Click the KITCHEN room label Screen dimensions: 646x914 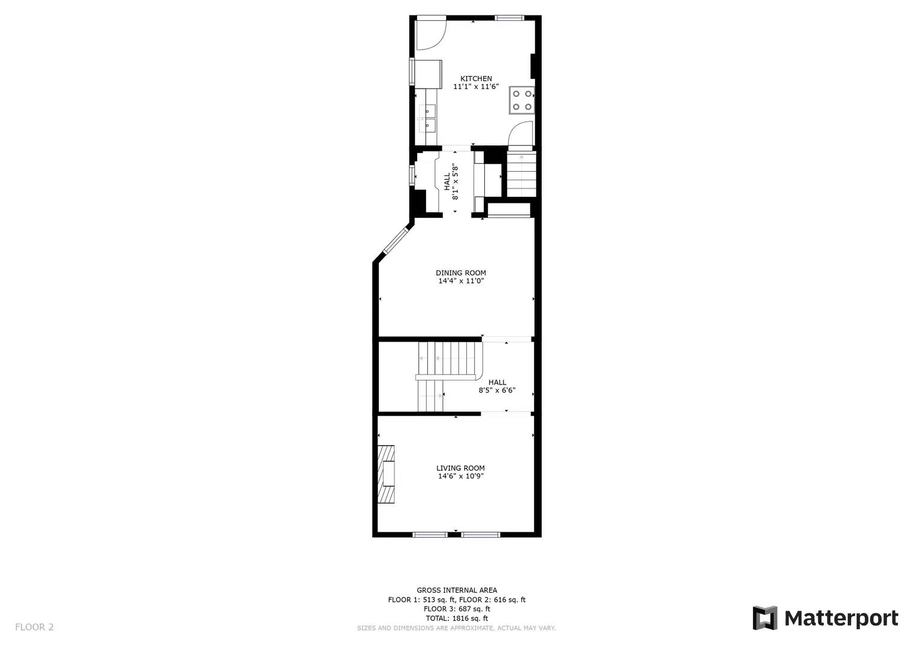tap(476, 78)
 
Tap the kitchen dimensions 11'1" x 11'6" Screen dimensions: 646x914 tap(476, 87)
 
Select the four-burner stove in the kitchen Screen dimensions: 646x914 tap(522, 100)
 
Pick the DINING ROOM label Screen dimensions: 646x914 tap(461, 273)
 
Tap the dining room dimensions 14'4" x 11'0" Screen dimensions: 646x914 tap(461, 281)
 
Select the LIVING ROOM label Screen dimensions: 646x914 tap(460, 468)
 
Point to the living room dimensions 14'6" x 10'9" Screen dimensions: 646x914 tap(460, 476)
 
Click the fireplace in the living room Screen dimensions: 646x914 tap(386, 474)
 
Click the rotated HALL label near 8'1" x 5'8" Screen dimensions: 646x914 tap(447, 182)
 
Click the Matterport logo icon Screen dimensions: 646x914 tap(764, 618)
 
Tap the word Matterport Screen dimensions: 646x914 tap(841, 618)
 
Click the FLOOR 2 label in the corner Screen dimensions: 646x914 tap(34, 627)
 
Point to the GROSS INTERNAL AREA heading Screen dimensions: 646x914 tap(457, 590)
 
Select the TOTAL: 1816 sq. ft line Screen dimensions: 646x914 tap(457, 618)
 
